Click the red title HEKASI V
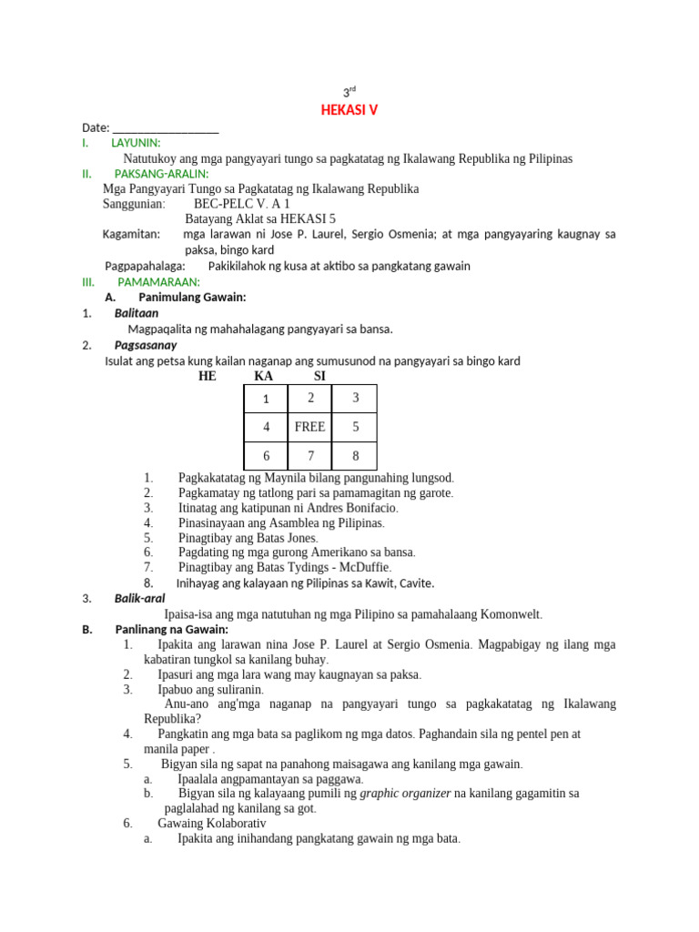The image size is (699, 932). tap(349, 110)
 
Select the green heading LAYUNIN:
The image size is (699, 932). tap(136, 143)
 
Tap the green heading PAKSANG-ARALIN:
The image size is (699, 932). tap(161, 173)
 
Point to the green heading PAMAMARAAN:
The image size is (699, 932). tap(158, 282)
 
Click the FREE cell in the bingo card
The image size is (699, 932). tap(309, 426)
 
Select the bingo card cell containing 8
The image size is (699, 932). tap(355, 455)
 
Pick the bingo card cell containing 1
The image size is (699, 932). tap(266, 399)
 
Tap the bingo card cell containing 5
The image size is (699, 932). tap(355, 426)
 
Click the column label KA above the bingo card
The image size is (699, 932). tap(263, 376)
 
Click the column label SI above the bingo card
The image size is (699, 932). tap(319, 376)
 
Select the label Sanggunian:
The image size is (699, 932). tap(134, 204)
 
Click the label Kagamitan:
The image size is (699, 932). tap(132, 234)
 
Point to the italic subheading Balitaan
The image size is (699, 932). tap(137, 313)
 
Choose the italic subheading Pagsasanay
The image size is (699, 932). tap(146, 345)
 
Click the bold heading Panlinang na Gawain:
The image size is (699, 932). tap(171, 629)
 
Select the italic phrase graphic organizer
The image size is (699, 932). tap(405, 793)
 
